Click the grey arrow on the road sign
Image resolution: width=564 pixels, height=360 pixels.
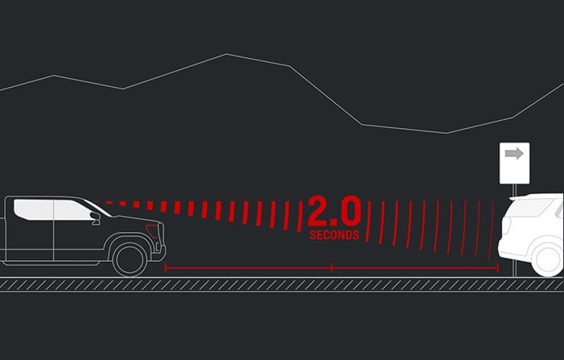point(514,154)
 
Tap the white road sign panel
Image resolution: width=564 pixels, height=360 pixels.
point(514,163)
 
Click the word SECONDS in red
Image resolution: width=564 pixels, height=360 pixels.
point(334,235)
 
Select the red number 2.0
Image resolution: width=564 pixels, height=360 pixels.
point(334,211)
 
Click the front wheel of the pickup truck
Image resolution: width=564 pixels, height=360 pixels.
point(130,259)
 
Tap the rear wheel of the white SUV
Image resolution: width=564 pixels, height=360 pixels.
point(548,259)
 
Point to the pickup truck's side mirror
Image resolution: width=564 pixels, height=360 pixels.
point(96,218)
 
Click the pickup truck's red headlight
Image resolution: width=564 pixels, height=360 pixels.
point(152,231)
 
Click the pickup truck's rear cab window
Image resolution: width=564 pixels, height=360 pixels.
point(34,209)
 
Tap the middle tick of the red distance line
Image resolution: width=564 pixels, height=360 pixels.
point(332,268)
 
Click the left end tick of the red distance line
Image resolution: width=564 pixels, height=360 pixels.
point(165,268)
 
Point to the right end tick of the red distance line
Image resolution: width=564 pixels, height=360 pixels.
point(498,268)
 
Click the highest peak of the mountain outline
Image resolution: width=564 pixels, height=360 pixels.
point(226,54)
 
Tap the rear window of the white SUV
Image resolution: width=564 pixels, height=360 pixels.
point(529,208)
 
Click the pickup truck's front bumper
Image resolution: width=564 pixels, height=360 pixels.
point(159,254)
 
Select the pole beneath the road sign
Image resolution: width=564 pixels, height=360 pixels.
point(514,230)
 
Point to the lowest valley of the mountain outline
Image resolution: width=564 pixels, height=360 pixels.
point(446,133)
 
